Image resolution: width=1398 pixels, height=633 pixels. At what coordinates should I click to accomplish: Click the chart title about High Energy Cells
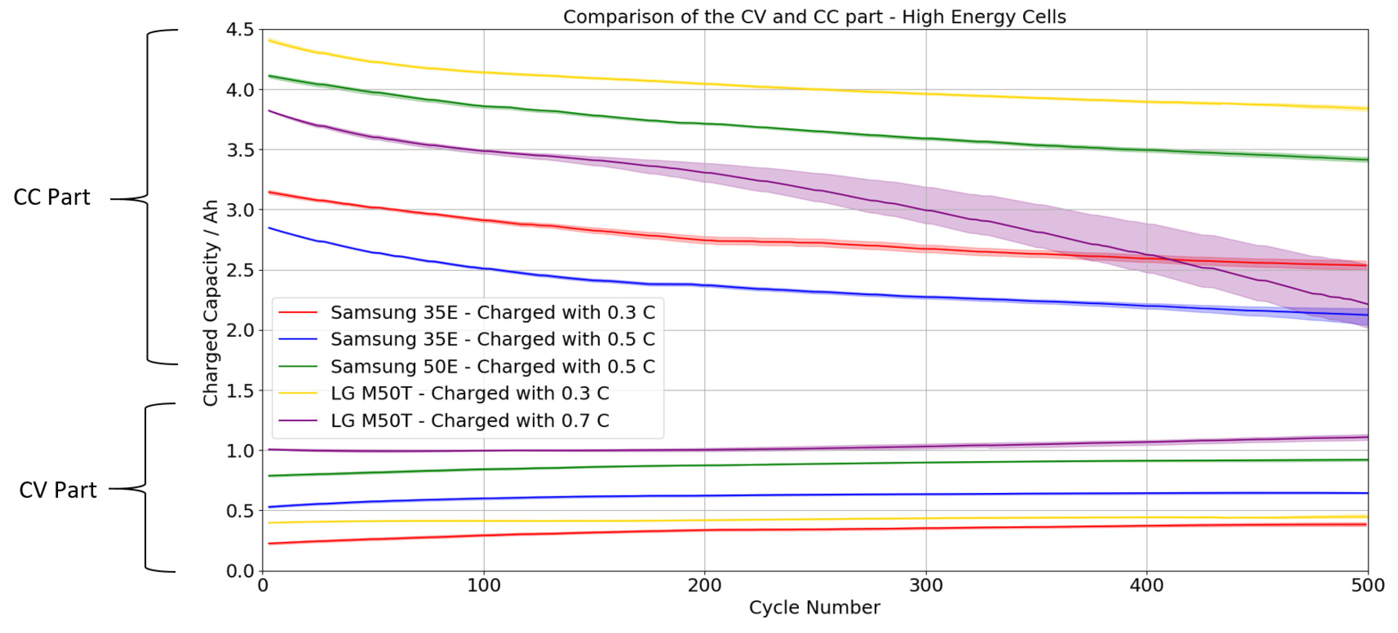pos(814,18)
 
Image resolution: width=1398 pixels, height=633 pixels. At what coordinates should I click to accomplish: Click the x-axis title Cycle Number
pos(814,607)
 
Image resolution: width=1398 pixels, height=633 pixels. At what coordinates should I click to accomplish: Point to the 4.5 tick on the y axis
pos(239,30)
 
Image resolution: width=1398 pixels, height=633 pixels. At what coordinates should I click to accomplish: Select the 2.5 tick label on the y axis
pos(239,270)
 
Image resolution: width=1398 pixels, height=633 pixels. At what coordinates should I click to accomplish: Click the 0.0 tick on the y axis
pos(239,571)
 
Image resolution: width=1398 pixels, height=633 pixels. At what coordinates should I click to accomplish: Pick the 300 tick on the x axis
pos(926,586)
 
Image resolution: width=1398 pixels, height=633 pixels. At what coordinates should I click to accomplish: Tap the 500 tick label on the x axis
pos(1367,586)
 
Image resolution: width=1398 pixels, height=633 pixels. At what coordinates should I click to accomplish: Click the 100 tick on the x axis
pos(483,586)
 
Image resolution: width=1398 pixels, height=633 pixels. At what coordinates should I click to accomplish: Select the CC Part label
pos(52,198)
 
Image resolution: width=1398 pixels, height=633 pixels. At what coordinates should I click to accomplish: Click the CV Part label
pos(58,490)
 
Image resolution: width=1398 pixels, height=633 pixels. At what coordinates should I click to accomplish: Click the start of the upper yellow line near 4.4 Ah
pos(270,41)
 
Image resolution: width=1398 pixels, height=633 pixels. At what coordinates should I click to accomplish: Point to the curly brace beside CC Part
pos(148,198)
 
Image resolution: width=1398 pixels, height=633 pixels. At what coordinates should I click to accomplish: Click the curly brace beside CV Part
pos(146,487)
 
